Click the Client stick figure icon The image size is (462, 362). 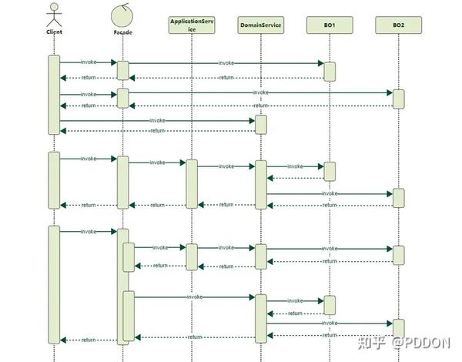coord(54,14)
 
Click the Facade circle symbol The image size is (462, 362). coord(122,14)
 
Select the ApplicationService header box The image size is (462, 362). coord(192,25)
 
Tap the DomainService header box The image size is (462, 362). coord(260,25)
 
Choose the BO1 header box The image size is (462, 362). coord(329,25)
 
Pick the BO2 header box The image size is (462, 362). coord(398,25)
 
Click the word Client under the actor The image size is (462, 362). coord(54,33)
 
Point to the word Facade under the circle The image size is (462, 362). coord(122,33)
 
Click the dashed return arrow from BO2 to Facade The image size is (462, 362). coord(308,106)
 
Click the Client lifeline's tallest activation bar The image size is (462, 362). coord(54,285)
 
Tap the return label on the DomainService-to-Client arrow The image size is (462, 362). coord(158,131)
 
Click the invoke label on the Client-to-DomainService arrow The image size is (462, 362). coord(158,120)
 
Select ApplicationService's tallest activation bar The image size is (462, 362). coord(192,184)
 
